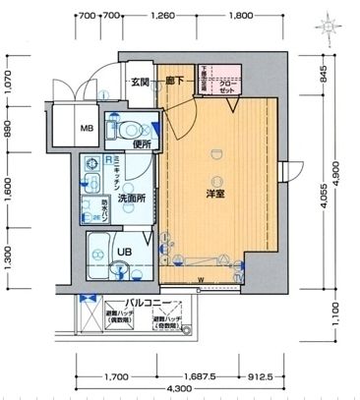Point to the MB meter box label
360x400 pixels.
click(87, 128)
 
